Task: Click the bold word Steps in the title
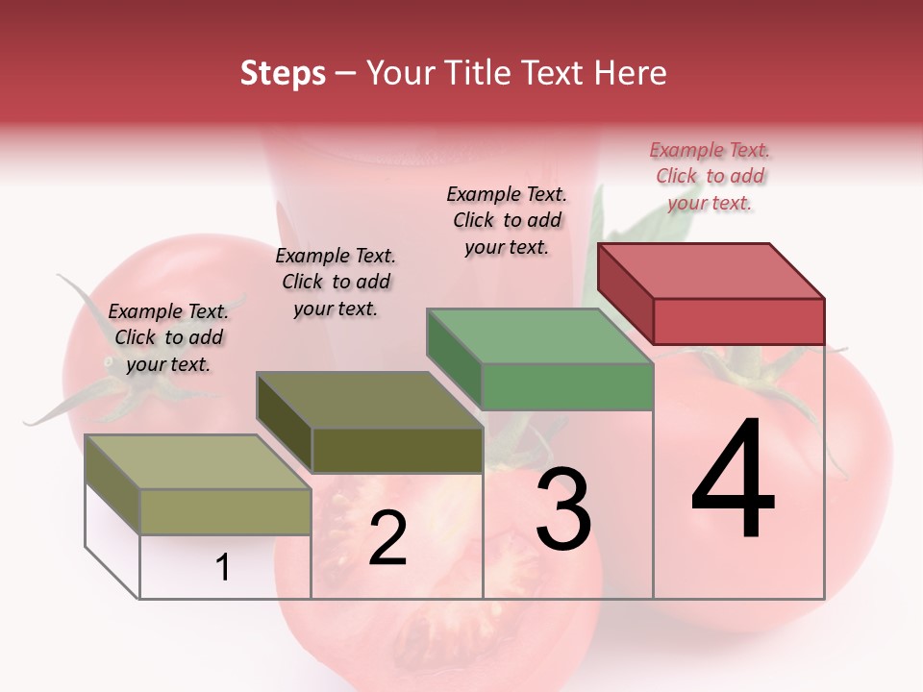(283, 73)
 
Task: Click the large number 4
(733, 481)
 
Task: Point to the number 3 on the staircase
(563, 508)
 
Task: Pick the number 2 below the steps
(387, 539)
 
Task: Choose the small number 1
(222, 568)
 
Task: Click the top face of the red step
(711, 270)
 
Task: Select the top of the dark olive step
(369, 400)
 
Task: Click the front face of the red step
(738, 321)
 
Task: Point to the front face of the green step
(567, 387)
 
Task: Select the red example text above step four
(710, 176)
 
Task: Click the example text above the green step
(507, 220)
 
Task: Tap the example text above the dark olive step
(336, 282)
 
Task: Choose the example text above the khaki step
(168, 337)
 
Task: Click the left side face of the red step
(625, 293)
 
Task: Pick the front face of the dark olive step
(397, 450)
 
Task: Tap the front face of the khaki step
(226, 512)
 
